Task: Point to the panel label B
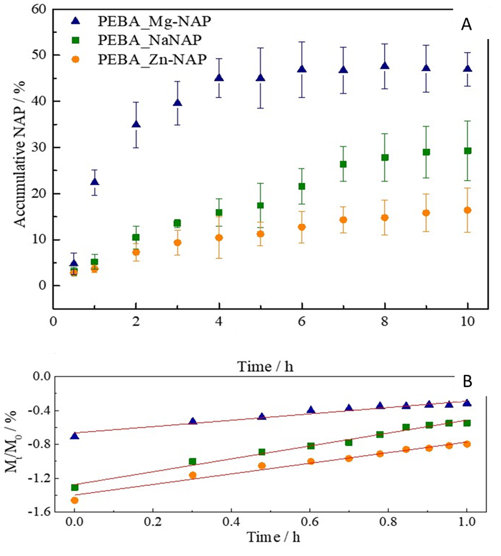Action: point(467,382)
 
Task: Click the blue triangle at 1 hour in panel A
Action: point(94,182)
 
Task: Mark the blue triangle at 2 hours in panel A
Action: point(136,124)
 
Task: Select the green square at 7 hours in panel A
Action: point(343,164)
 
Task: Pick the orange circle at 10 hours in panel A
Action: point(467,210)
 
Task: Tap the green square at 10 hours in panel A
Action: point(467,151)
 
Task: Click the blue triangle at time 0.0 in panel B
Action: point(74,436)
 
